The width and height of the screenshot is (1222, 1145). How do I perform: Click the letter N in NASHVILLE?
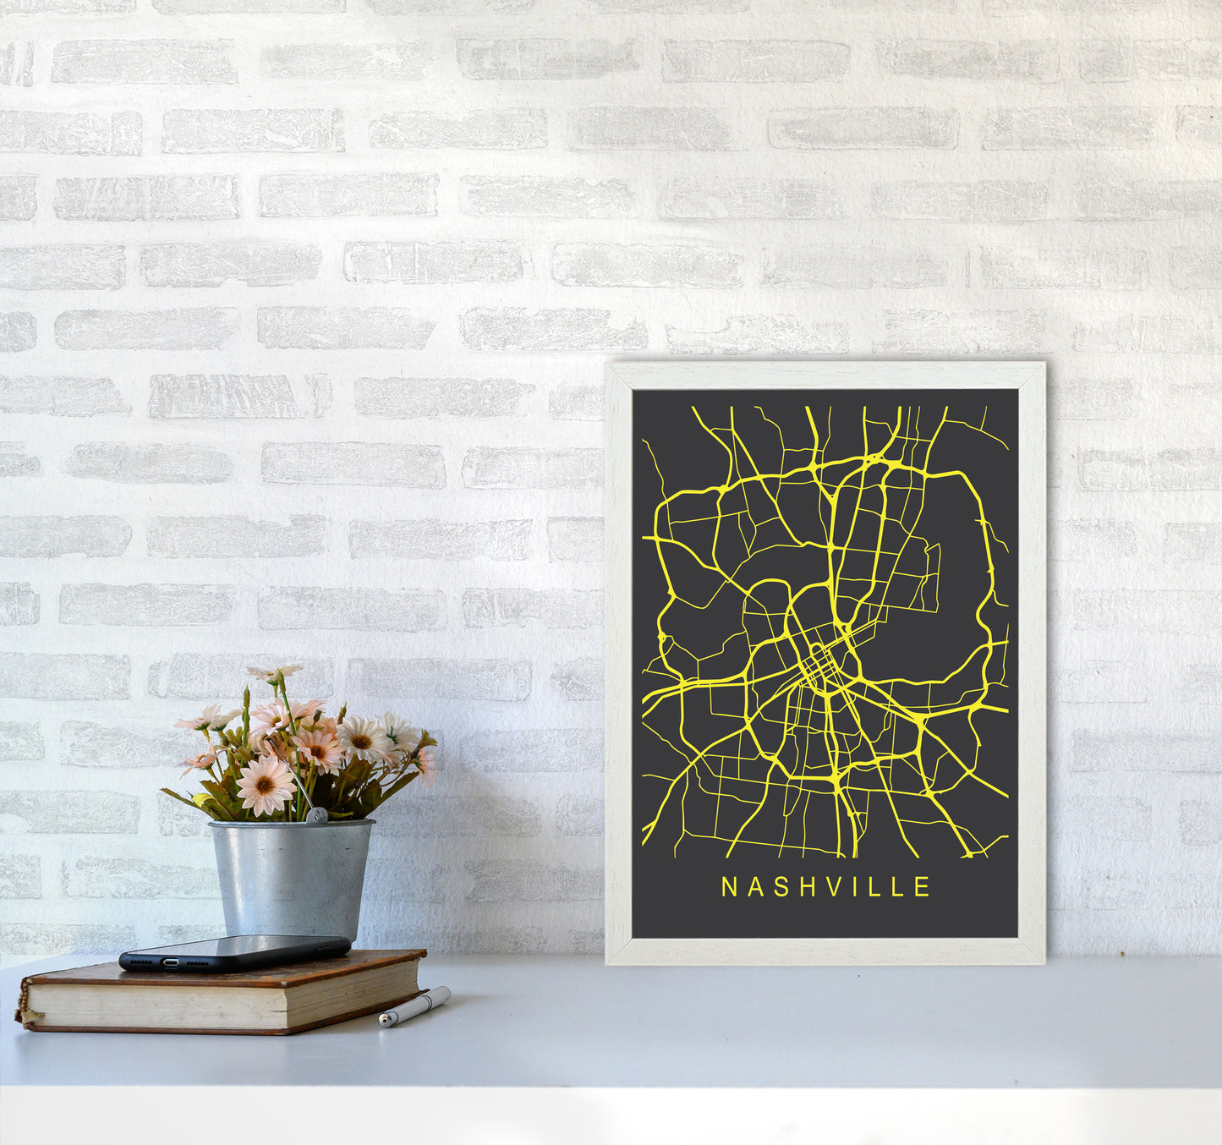coord(727,887)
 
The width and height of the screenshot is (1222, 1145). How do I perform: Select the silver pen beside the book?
coord(414,1006)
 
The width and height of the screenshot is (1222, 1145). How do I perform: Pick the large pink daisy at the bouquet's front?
coord(265,785)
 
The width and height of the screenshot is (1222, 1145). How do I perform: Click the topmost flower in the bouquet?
coord(275,673)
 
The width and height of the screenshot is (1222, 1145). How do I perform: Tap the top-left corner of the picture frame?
coord(608,366)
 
